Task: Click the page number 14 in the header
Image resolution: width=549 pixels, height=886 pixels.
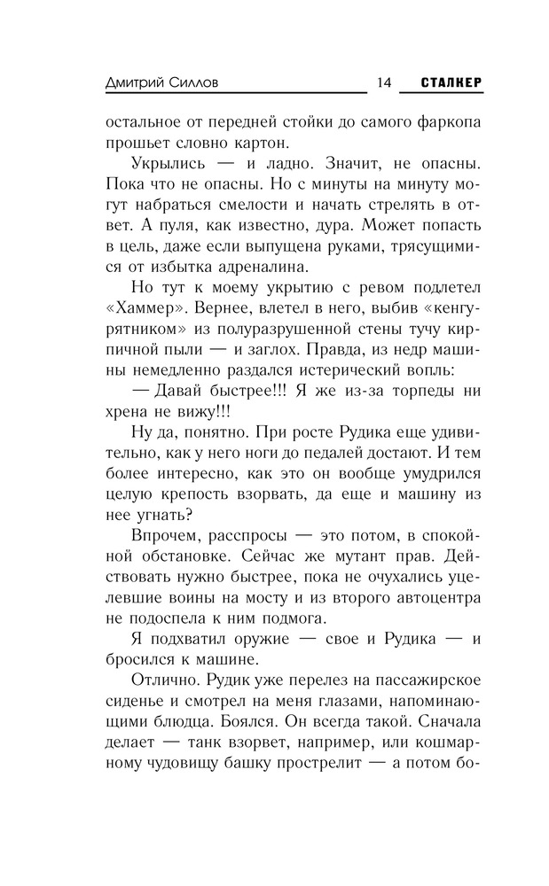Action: point(383,82)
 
